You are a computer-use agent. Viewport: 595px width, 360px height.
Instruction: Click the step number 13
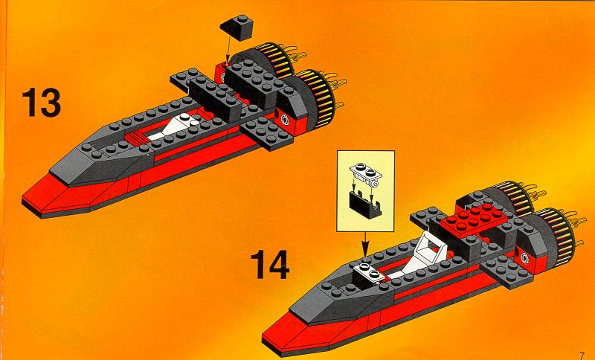coord(42,103)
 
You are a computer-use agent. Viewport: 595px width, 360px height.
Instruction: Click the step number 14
coord(270,265)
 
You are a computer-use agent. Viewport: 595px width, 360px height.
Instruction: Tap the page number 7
coord(582,355)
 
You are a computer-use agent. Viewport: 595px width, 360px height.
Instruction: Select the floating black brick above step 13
coord(236,28)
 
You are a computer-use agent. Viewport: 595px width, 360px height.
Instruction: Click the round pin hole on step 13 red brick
coord(284,121)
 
